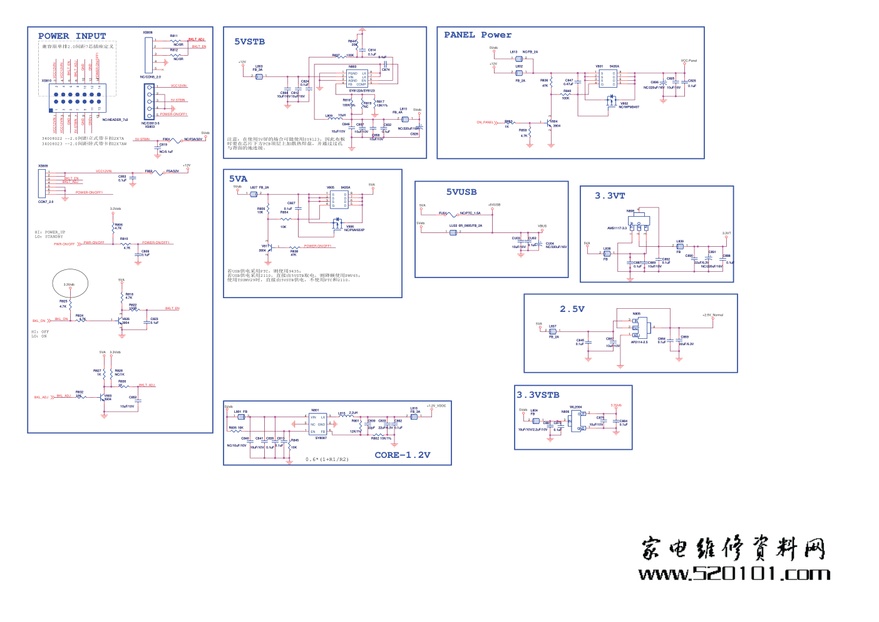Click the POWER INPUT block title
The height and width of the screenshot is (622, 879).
pyautogui.click(x=72, y=36)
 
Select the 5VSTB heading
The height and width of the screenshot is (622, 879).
pyautogui.click(x=249, y=42)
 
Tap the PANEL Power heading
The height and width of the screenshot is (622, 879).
pyautogui.click(x=478, y=35)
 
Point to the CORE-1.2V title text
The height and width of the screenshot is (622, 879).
pyautogui.click(x=403, y=455)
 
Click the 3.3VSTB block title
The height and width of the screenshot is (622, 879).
pyautogui.click(x=538, y=395)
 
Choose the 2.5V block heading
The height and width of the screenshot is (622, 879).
pyautogui.click(x=572, y=309)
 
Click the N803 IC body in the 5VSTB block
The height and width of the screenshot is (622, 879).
pyautogui.click(x=357, y=78)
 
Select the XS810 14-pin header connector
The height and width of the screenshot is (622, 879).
pyautogui.click(x=77, y=98)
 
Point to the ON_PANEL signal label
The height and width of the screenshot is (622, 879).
pyautogui.click(x=486, y=123)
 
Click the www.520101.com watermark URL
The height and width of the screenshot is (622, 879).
pyautogui.click(x=734, y=574)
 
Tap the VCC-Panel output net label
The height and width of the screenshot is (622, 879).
pyautogui.click(x=689, y=61)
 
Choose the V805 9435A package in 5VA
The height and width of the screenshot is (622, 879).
pyautogui.click(x=339, y=199)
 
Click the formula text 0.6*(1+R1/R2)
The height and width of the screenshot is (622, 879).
pyautogui.click(x=327, y=460)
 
